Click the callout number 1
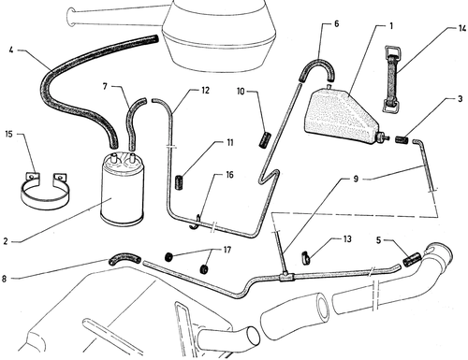pos(391,26)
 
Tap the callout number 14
pos(462,28)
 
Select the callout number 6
pos(336,23)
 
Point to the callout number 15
pos(8,134)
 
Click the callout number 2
pos(6,241)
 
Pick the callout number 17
pos(227,250)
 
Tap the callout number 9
pos(356,179)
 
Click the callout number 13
pos(347,239)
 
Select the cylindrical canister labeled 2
pos(123,188)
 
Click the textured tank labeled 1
pos(342,117)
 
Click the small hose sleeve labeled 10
pos(265,140)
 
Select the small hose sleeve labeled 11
pos(179,183)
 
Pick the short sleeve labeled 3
pos(402,139)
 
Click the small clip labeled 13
pos(305,258)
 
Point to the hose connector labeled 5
pos(412,260)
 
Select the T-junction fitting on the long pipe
pos(285,276)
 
